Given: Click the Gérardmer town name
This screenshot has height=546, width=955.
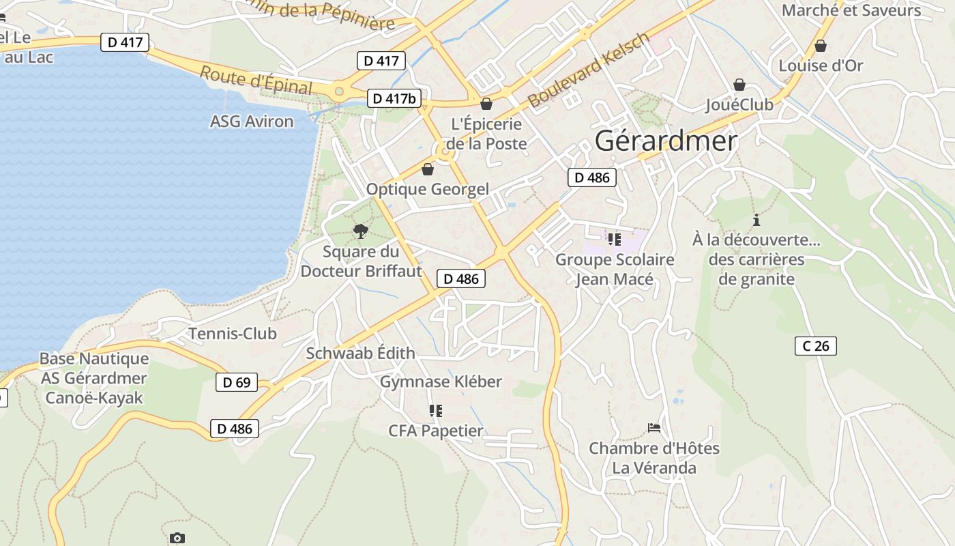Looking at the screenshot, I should tap(666, 141).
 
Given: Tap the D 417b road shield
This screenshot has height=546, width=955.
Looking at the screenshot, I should tap(394, 98).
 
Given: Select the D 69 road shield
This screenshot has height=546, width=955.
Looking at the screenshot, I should tap(237, 382).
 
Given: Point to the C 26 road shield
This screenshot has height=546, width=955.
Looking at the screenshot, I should tap(815, 346).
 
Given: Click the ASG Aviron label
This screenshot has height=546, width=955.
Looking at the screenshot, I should tap(252, 121).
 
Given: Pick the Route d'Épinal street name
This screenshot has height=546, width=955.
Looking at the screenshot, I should tap(256, 80).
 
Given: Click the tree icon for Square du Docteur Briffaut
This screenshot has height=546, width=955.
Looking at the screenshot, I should tap(361, 231).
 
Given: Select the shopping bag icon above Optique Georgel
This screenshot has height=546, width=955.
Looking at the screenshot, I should tap(428, 169).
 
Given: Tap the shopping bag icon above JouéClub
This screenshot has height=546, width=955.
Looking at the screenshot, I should tap(739, 85).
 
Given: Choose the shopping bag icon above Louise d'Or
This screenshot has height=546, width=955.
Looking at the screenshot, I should tap(821, 46).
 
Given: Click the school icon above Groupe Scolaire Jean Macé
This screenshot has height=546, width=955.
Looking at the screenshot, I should tap(615, 240).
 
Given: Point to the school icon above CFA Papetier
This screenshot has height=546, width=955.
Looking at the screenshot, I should tap(435, 410).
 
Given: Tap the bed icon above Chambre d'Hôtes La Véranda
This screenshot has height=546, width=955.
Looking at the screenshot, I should tap(654, 428).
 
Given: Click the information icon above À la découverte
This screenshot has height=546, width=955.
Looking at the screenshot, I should tap(756, 220).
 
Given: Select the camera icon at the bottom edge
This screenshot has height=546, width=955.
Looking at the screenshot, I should tap(177, 538).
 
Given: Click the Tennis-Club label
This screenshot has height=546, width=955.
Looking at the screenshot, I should tap(232, 334).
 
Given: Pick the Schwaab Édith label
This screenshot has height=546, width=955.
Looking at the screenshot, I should tap(360, 353).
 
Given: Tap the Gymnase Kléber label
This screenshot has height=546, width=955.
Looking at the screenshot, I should tap(441, 382).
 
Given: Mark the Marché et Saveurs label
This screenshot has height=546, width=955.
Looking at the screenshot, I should tap(851, 10).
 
